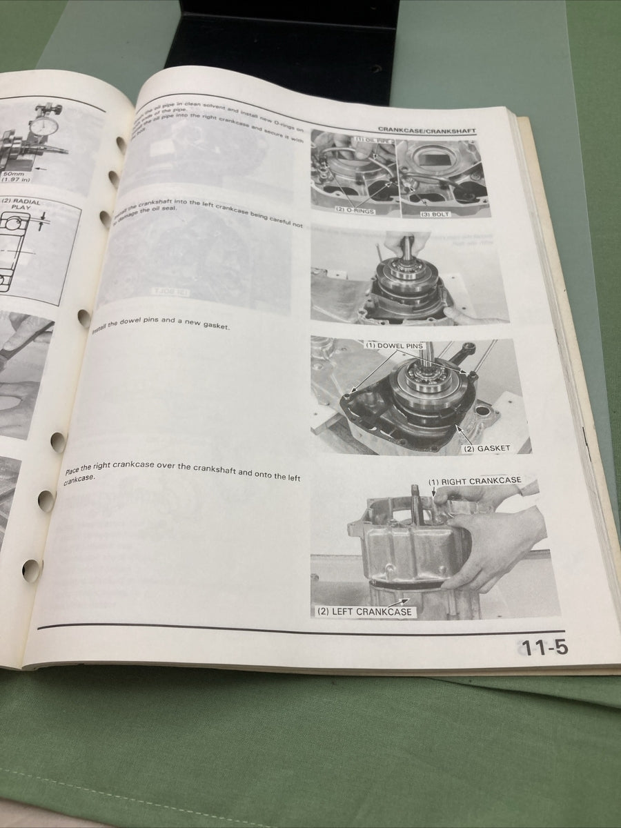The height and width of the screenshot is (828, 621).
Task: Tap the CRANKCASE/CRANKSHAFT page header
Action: coord(426,130)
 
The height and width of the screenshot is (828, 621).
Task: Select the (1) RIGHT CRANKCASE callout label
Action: coord(474,481)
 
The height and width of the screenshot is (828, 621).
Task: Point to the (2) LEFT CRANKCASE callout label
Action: coord(364,611)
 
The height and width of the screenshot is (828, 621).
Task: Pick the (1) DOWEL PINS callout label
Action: coord(395,345)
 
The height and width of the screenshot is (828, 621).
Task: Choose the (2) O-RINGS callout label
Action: coord(355,210)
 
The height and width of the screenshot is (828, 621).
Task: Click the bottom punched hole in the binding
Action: coord(31,569)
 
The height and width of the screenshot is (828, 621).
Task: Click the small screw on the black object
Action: coord(376,69)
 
